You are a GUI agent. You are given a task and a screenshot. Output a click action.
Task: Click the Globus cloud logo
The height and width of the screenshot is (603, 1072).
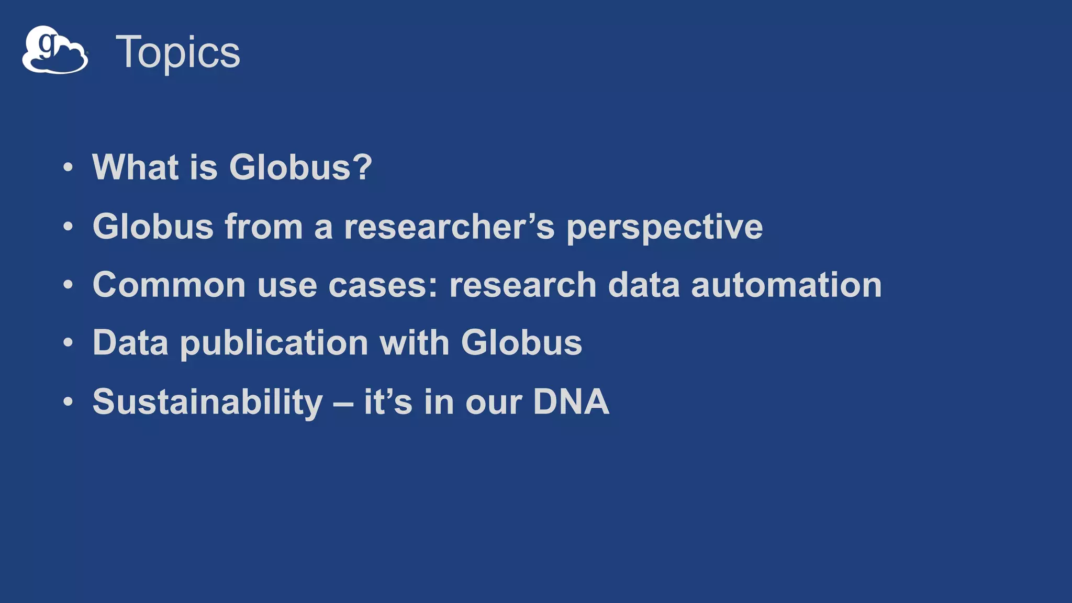(55, 51)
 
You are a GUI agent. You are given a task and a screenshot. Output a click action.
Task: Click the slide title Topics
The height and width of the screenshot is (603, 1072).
(177, 52)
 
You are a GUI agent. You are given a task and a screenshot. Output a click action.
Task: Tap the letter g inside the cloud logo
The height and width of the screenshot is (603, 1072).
(48, 45)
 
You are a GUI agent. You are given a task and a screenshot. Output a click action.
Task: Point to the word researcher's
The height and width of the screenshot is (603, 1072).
(449, 227)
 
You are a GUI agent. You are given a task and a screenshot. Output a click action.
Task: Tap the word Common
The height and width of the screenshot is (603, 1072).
(169, 285)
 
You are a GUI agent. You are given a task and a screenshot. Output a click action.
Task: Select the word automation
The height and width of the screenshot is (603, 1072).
(786, 285)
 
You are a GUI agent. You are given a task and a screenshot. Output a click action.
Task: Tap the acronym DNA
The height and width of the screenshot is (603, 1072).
(571, 402)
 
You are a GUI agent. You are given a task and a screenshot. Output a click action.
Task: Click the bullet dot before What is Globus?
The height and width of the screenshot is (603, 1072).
(68, 168)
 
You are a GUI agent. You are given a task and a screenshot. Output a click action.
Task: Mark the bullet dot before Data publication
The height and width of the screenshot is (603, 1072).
(68, 343)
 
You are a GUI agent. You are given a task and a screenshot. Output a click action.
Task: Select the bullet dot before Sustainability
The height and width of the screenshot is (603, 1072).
(68, 403)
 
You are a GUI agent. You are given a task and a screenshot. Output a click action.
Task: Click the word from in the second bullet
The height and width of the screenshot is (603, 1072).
(264, 227)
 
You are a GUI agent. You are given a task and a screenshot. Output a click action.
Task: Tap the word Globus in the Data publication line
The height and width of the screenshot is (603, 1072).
(521, 343)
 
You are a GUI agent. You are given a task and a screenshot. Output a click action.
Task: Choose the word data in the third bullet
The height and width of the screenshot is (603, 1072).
(643, 285)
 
